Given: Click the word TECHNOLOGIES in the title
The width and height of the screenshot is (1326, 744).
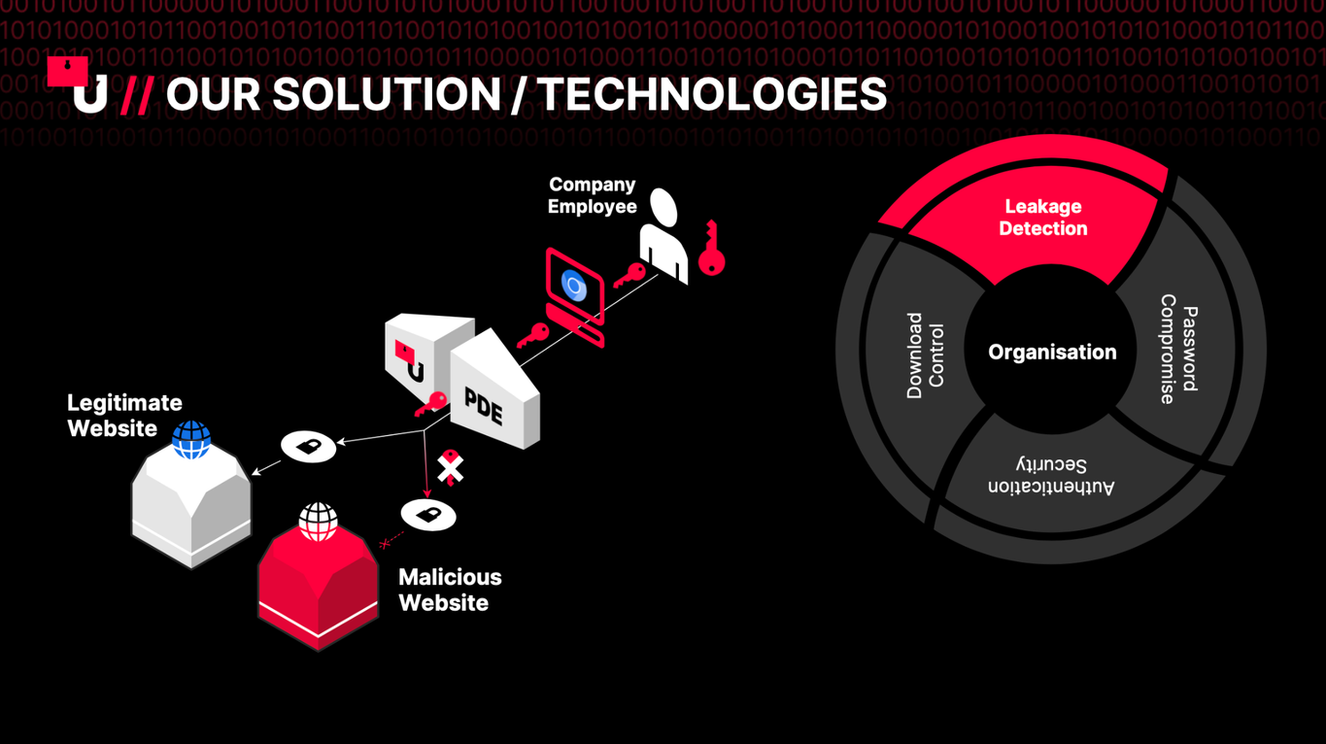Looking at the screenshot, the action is coord(713,94).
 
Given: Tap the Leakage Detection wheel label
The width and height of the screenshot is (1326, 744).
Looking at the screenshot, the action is coord(1043,218).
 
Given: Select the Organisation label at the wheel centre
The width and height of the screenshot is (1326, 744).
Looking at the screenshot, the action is coord(1052,353).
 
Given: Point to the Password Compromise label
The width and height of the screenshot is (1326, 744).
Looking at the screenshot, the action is coord(1178,350).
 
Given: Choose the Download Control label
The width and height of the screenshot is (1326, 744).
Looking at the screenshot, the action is coord(925,355).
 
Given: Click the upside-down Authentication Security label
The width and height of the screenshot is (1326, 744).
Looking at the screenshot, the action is coord(1051,475).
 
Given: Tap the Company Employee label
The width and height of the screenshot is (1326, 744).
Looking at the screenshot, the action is coord(592,195).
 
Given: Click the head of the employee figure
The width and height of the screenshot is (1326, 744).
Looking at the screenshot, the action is coord(663,207).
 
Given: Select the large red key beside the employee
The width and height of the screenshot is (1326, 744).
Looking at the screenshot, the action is coord(711,249).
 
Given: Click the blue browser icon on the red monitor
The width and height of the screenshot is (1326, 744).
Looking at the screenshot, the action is coord(573,286).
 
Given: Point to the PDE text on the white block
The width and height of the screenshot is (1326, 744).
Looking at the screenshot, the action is coord(484,407).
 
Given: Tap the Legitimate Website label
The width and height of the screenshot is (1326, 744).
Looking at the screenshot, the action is coord(124,416).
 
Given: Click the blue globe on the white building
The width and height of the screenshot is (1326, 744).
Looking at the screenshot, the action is coord(191,440).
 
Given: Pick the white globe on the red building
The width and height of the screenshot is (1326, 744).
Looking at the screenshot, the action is coord(318,522).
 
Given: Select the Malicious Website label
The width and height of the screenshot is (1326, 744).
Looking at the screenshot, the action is coord(450,590).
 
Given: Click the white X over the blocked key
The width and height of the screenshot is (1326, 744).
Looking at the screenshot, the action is coord(451,469).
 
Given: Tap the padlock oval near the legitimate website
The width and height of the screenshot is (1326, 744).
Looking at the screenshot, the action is coord(308,446).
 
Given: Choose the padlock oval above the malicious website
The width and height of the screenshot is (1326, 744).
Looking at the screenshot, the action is coord(428,515).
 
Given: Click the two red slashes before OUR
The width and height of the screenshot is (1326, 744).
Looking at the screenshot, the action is coord(137,95).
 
